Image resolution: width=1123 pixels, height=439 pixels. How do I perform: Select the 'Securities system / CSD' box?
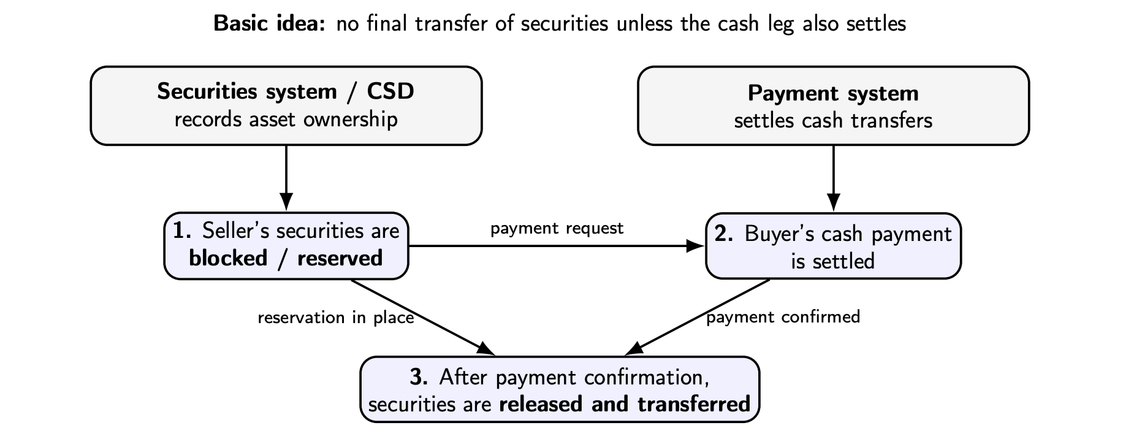(x=286, y=105)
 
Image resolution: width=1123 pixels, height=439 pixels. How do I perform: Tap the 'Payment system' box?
(x=833, y=105)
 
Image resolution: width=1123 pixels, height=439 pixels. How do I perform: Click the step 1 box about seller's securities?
(x=286, y=245)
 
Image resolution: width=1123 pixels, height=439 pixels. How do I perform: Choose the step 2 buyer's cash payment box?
(x=833, y=246)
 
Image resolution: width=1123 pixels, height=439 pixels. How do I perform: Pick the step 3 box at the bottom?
(x=559, y=389)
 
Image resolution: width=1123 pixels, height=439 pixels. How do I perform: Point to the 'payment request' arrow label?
(x=557, y=229)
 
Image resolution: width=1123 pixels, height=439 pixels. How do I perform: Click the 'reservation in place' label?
(x=335, y=318)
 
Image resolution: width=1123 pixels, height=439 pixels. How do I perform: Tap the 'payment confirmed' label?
(x=783, y=317)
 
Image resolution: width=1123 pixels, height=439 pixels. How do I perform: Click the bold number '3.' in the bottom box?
(x=419, y=377)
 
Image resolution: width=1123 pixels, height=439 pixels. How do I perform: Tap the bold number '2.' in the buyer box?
(x=724, y=234)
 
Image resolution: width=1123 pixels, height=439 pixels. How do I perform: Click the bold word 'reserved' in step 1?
(x=340, y=258)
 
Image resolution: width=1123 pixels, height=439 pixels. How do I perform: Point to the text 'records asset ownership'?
(x=286, y=119)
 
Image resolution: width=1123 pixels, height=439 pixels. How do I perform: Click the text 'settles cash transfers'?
(x=833, y=120)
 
